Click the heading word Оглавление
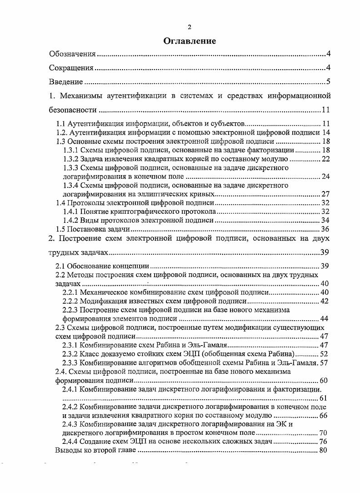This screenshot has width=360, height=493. coord(189,41)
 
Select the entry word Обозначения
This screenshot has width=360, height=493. coord(72,55)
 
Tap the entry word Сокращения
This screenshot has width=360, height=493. coord(71,68)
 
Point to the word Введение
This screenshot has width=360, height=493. coord(66,82)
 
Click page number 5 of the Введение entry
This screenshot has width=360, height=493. coord(328,82)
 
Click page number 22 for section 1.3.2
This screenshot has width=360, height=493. coord(325,159)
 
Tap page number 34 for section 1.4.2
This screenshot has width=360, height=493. coord(325,221)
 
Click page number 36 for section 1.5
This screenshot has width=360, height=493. coord(325,229)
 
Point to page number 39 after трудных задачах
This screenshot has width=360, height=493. coord(325,252)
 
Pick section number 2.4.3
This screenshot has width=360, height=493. coord(70,424)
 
